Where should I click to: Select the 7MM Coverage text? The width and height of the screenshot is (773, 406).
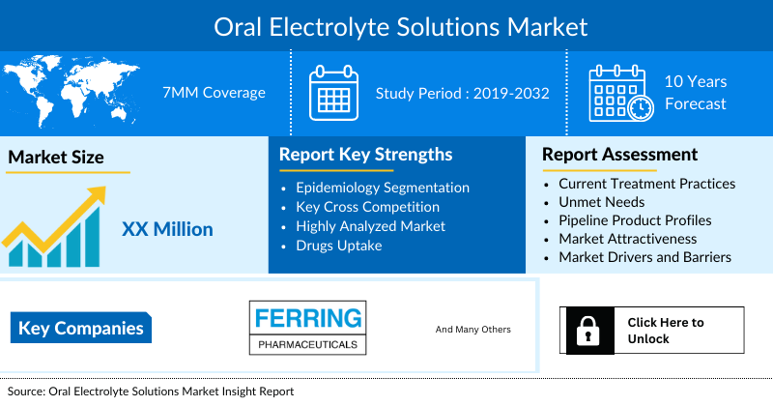(x=214, y=94)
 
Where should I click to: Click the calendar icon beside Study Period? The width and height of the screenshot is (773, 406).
(x=333, y=94)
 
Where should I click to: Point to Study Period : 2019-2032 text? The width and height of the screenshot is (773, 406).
(x=463, y=94)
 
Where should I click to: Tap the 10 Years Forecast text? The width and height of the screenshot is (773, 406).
(x=695, y=93)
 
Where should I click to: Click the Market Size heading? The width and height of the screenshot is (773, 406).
(x=56, y=157)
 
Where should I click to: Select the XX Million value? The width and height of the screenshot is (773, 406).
(x=167, y=229)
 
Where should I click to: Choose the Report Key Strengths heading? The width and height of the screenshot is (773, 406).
(x=365, y=155)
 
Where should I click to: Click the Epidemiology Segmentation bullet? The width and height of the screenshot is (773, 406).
(x=383, y=188)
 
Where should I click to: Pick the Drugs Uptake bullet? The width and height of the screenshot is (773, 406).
(x=339, y=246)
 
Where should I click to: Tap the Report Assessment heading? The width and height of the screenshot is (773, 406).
(x=619, y=155)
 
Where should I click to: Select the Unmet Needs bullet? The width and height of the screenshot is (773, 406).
(x=601, y=202)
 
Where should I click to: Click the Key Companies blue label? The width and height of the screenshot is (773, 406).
(x=81, y=329)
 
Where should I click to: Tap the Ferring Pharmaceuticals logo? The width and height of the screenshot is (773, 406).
(x=305, y=328)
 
